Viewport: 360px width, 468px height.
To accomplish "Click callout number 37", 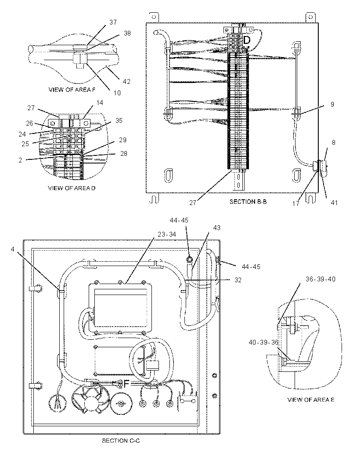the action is (113, 22).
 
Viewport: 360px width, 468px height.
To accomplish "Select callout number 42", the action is (126, 82).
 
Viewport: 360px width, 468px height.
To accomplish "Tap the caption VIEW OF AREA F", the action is (72, 90).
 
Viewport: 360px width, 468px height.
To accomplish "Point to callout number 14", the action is (100, 103).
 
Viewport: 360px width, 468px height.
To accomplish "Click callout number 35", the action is (119, 121).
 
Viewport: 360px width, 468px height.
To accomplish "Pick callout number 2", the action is (20, 160).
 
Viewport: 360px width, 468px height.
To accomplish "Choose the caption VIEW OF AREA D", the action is (72, 188).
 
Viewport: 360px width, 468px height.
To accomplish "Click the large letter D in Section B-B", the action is (247, 40).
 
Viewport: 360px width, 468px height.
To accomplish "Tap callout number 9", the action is (332, 104).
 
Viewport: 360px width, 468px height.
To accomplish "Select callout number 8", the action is (333, 143).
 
